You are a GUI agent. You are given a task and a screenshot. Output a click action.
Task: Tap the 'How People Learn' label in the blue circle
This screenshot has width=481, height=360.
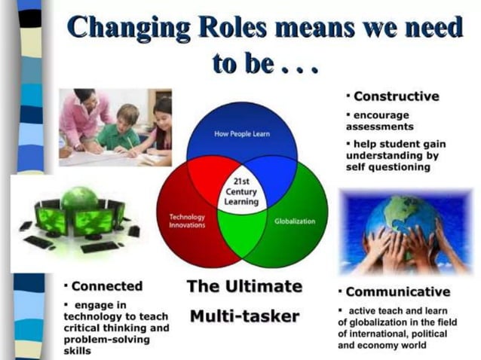241,134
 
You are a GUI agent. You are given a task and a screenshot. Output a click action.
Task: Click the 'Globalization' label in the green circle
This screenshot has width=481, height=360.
295,221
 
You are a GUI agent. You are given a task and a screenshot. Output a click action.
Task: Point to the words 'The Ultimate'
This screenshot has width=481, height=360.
244,286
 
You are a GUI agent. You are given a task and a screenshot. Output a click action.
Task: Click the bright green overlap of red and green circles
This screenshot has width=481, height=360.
242,233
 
